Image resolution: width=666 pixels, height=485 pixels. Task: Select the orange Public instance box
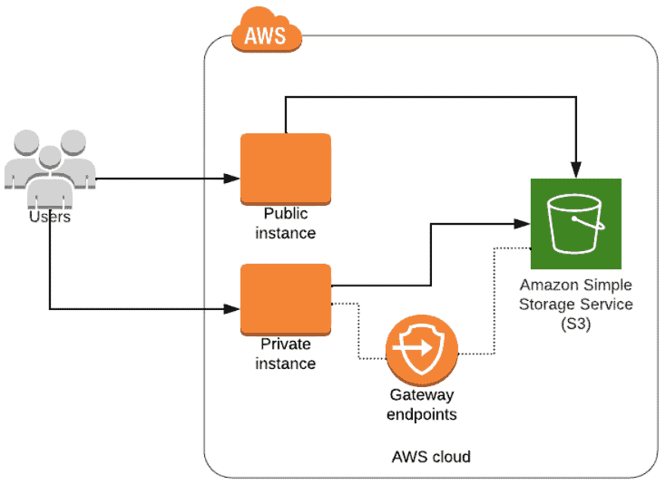click(285, 169)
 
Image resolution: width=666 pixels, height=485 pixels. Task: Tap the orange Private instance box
click(285, 299)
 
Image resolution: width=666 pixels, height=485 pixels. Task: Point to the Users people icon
click(50, 168)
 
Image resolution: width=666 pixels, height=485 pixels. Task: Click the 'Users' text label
click(50, 217)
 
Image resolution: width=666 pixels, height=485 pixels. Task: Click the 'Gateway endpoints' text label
click(421, 405)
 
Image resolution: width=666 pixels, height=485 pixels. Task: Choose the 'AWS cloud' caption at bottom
click(432, 456)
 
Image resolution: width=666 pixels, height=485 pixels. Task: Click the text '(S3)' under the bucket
click(575, 324)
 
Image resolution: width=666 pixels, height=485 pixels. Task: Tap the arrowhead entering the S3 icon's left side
click(524, 223)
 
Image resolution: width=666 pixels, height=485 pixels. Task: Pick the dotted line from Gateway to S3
click(494, 299)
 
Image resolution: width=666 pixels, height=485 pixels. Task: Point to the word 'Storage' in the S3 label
click(548, 304)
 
